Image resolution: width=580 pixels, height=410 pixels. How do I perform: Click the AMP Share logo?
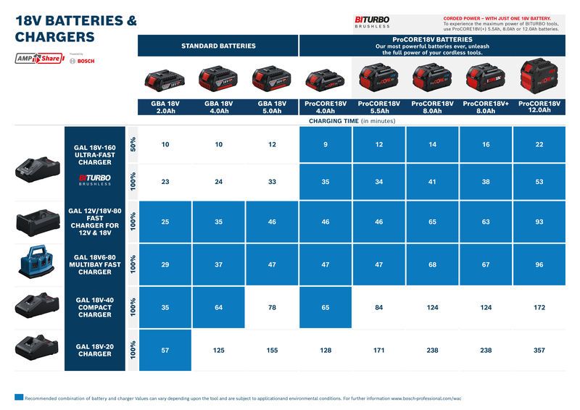39,59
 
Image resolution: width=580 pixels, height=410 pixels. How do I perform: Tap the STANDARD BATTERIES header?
218,46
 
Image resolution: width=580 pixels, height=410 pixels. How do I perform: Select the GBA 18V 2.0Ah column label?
165,107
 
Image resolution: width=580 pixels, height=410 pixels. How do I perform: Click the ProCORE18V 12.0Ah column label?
539,107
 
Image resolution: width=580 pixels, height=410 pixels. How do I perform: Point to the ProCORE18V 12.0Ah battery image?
539,77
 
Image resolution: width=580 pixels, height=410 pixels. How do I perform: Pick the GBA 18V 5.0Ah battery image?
271,78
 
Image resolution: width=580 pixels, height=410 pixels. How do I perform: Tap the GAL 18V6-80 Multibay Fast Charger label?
95,264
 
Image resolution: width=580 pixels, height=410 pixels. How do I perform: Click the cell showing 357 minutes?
539,351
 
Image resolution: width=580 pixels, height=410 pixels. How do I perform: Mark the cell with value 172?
539,308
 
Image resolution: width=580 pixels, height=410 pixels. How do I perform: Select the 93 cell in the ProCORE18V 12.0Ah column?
539,222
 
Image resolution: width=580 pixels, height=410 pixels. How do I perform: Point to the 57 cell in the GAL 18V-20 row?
165,351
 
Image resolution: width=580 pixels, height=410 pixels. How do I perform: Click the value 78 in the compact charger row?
272,308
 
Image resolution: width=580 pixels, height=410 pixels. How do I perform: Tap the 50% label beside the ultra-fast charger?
132,145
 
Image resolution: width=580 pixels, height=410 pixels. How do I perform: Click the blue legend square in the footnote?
18,398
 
